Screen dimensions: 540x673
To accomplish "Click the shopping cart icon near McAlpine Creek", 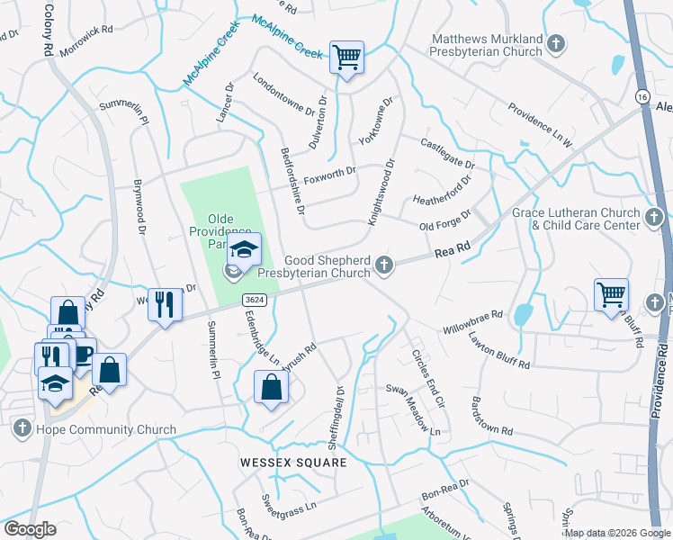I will coord(346,58).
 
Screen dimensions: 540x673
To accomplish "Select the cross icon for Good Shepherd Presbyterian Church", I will coord(384,264).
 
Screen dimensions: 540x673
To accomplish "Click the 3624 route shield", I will coord(254,298).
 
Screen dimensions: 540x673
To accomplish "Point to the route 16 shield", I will coord(641,96).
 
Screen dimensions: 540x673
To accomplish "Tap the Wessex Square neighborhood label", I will coord(293,463).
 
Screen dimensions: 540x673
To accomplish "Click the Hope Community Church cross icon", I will coord(23,429).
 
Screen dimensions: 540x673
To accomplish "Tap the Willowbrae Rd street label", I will coord(472,323).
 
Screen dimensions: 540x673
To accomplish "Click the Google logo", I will coord(30,529).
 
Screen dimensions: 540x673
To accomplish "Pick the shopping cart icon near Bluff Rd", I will coord(611,293).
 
